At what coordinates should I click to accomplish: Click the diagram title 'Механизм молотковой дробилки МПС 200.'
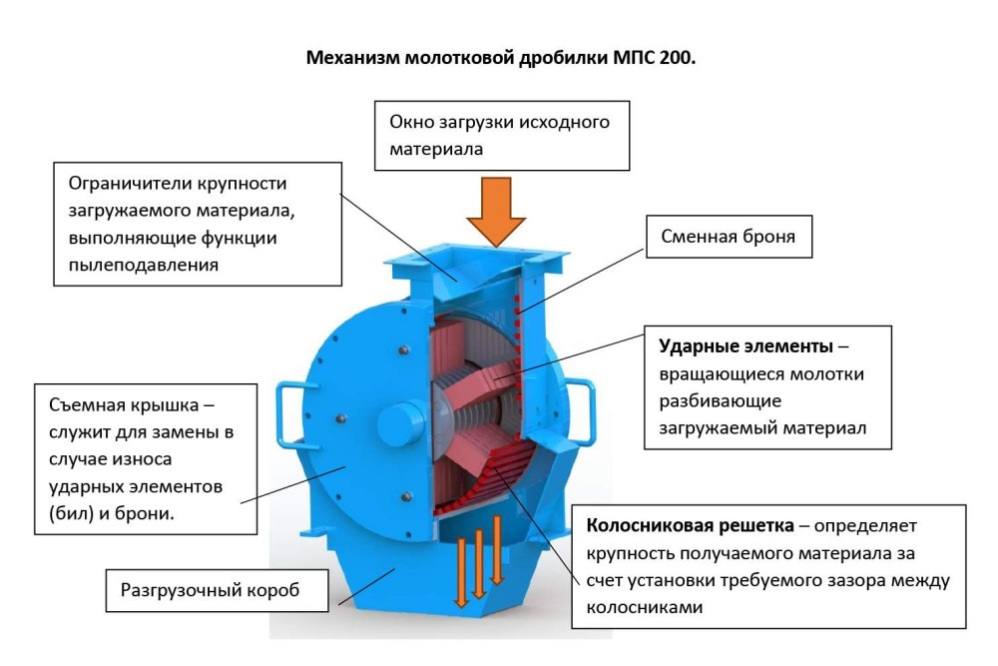tap(501, 58)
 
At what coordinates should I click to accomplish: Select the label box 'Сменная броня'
tap(729, 237)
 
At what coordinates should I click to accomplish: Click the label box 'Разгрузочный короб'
tap(217, 590)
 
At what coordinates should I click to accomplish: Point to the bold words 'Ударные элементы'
tap(746, 346)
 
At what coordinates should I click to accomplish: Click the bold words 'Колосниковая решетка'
tap(690, 526)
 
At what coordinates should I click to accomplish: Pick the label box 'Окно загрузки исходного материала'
tap(502, 136)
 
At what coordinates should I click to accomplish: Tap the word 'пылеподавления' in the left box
tap(143, 265)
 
